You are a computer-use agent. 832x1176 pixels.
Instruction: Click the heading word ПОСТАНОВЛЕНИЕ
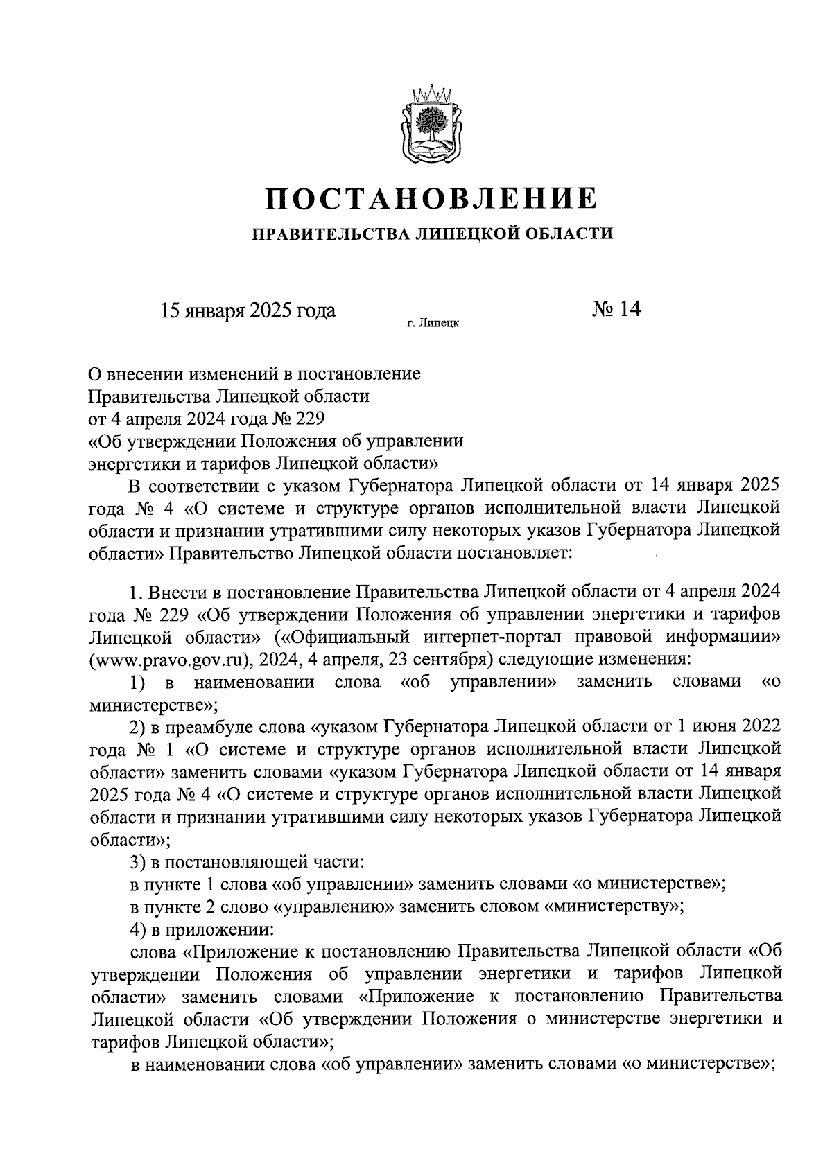point(431,198)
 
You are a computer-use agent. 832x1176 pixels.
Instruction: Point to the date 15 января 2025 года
point(248,310)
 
